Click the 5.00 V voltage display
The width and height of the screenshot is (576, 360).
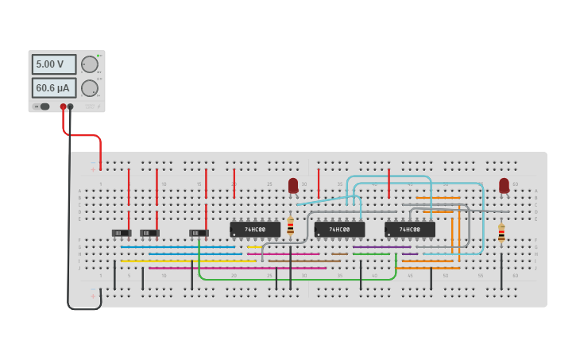coord(54,64)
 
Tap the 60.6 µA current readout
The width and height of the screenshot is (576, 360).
coord(54,87)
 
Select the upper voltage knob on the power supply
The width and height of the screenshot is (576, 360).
coord(89,64)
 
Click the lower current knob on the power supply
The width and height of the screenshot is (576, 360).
coord(89,87)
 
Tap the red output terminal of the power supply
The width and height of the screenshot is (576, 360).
coord(63,106)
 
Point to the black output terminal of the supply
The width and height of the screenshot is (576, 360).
coord(71,106)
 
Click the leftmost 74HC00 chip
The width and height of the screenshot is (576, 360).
coord(255,229)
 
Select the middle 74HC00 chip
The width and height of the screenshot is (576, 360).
coord(339,229)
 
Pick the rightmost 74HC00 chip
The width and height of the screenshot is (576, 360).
coord(410,229)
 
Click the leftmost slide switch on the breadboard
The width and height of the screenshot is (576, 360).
coord(122,233)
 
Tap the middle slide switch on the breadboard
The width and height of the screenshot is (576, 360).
coord(149,233)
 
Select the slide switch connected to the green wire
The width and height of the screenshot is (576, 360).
coord(199,233)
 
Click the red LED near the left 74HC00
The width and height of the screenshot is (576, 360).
coord(293,185)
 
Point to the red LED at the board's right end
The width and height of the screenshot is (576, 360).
coord(504,185)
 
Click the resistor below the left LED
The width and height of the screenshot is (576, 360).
coord(290,226)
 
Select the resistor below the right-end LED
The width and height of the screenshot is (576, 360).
coord(501,233)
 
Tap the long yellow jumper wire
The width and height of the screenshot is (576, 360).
coord(187,261)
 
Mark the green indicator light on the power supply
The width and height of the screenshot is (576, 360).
coord(36,106)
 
